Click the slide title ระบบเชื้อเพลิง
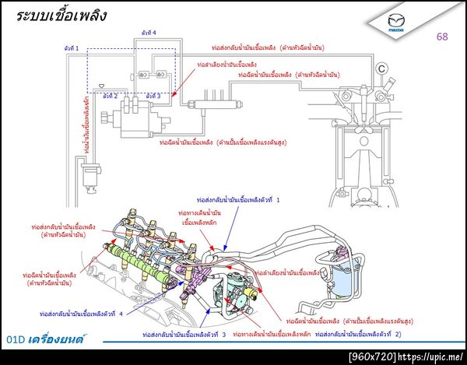(x=61, y=15)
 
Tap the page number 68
(x=442, y=37)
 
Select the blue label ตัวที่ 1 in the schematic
(x=72, y=48)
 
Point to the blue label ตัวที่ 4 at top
(x=149, y=33)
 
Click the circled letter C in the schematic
(x=381, y=68)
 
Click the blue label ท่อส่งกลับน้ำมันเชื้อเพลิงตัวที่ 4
(x=81, y=314)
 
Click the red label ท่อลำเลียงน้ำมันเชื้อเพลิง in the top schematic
(x=225, y=65)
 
